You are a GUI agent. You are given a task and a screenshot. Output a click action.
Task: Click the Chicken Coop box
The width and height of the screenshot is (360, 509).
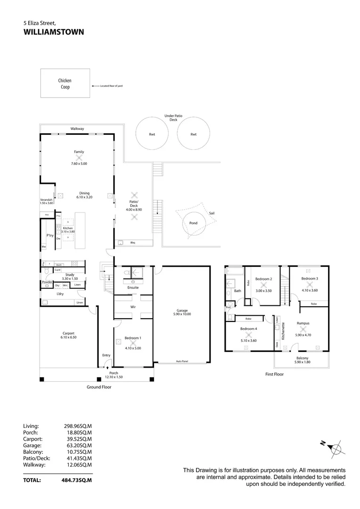(x=65, y=83)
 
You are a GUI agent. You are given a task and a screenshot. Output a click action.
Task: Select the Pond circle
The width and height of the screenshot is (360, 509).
(x=193, y=223)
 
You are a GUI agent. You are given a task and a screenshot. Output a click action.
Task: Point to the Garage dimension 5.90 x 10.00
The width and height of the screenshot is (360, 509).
(x=182, y=314)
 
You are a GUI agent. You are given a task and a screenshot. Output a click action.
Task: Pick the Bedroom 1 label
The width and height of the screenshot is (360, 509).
(x=133, y=338)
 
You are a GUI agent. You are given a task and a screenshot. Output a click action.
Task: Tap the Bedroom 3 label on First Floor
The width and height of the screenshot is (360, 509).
(x=310, y=279)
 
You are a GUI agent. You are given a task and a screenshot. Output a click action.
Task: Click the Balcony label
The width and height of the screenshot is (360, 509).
(x=302, y=358)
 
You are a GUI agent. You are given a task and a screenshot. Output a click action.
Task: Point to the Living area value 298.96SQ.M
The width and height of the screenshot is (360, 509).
(x=78, y=426)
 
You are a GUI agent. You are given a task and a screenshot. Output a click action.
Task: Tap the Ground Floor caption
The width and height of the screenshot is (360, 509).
(x=99, y=387)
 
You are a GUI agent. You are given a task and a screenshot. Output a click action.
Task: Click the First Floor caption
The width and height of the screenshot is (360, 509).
(x=275, y=374)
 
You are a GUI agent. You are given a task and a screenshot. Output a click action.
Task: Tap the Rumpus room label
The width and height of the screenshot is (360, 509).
(x=303, y=323)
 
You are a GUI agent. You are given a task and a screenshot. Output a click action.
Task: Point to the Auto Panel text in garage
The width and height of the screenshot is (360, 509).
(x=182, y=361)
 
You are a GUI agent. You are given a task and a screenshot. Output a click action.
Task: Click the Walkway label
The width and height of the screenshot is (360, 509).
(x=77, y=128)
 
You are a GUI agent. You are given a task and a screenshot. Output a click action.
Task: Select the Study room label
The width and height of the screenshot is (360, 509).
(x=70, y=274)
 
